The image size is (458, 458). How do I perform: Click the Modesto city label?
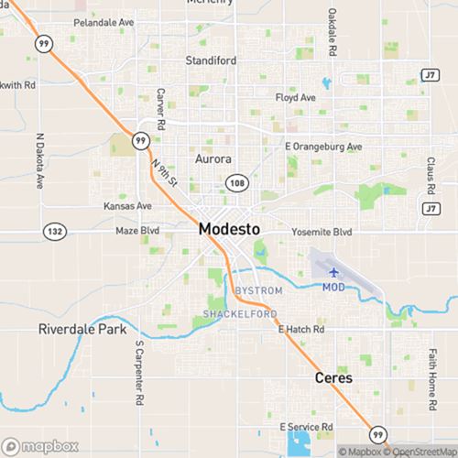pyautogui.click(x=229, y=230)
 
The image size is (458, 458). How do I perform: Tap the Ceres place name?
pyautogui.click(x=333, y=377)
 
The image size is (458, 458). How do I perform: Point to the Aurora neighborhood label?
pyautogui.click(x=213, y=158)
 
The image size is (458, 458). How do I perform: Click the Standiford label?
pyautogui.click(x=212, y=61)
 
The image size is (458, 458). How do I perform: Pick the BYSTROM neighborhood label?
pyautogui.click(x=258, y=290)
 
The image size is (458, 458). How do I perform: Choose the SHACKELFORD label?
pyautogui.click(x=234, y=315)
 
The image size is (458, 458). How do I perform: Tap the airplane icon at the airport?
pyautogui.click(x=333, y=272)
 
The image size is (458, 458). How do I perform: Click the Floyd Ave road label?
pyautogui.click(x=295, y=97)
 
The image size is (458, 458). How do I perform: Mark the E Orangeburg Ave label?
pyautogui.click(x=323, y=147)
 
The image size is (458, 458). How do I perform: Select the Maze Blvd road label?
pyautogui.click(x=137, y=232)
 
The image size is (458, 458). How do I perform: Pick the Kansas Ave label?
pyautogui.click(x=127, y=206)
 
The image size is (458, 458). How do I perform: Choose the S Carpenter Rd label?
pyautogui.click(x=140, y=374)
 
